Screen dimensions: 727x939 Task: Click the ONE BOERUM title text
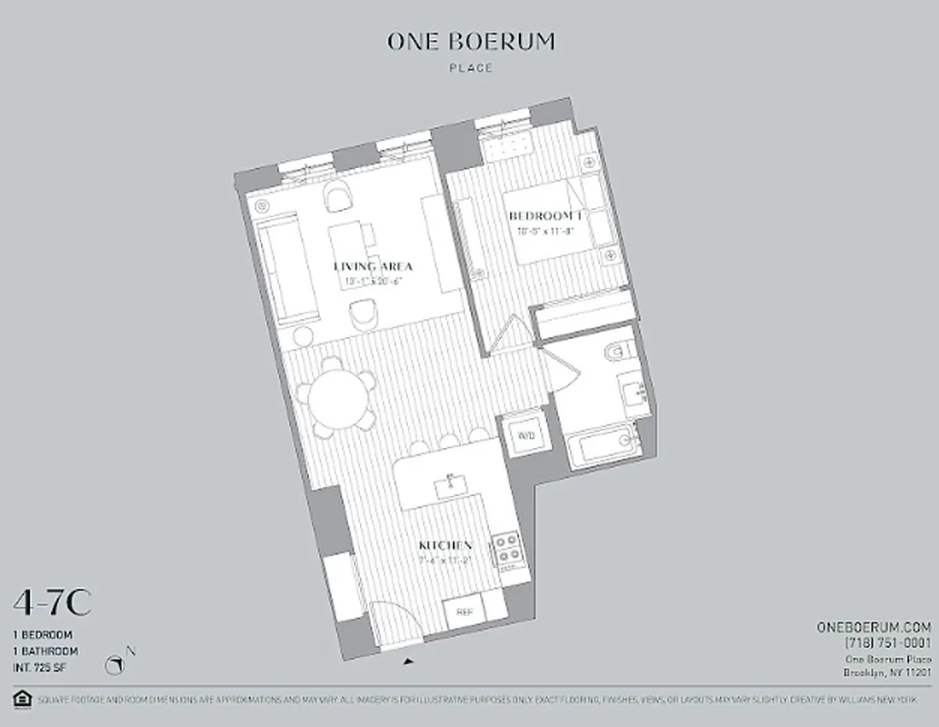[471, 41]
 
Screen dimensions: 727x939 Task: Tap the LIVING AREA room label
[373, 266]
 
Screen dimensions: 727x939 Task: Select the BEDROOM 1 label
[544, 215]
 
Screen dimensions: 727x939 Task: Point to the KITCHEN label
[445, 545]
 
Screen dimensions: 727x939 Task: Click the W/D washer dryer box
[524, 436]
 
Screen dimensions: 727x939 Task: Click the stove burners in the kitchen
[505, 548]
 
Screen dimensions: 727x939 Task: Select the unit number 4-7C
[51, 602]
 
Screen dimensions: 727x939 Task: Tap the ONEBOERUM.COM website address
[874, 627]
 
